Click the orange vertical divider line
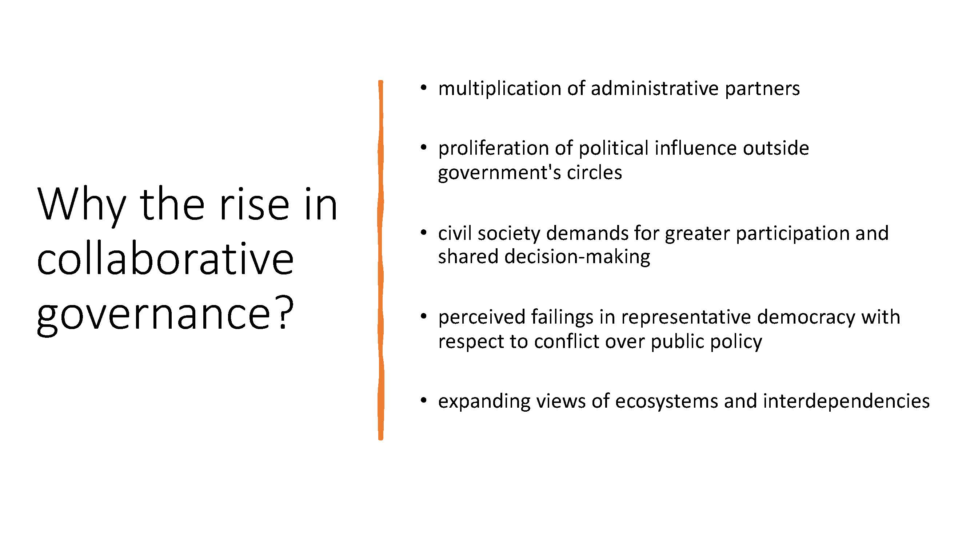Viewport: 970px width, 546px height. click(381, 260)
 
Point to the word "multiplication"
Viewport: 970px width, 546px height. click(500, 89)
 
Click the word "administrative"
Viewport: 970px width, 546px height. click(654, 88)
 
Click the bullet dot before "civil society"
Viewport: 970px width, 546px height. click(424, 232)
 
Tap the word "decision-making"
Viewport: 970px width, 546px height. click(577, 257)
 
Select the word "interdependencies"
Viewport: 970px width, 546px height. click(846, 402)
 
